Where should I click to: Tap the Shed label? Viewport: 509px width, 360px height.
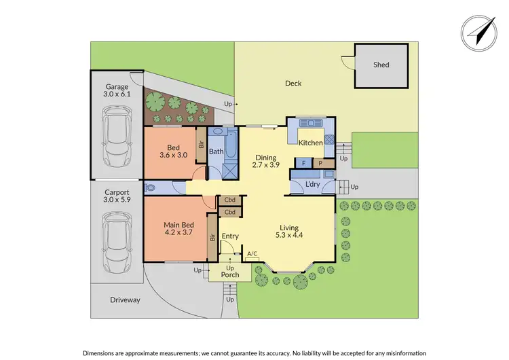[x=381, y=65]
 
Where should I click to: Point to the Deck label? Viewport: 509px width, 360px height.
[x=293, y=84]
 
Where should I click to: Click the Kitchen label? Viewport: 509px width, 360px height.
[x=311, y=143]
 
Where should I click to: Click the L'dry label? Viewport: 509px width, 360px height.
[x=312, y=185]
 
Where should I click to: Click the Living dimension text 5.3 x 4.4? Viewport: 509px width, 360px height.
[x=290, y=236]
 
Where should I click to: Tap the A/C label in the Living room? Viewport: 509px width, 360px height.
[x=252, y=253]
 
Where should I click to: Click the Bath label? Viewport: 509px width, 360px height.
[x=216, y=151]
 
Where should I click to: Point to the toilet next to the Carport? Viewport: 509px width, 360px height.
[x=151, y=188]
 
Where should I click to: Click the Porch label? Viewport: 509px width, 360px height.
[x=229, y=275]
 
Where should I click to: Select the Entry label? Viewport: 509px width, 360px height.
[x=230, y=236]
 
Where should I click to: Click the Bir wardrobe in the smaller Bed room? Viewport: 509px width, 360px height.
[x=201, y=145]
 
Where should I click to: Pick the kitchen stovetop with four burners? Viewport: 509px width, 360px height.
[x=329, y=140]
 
